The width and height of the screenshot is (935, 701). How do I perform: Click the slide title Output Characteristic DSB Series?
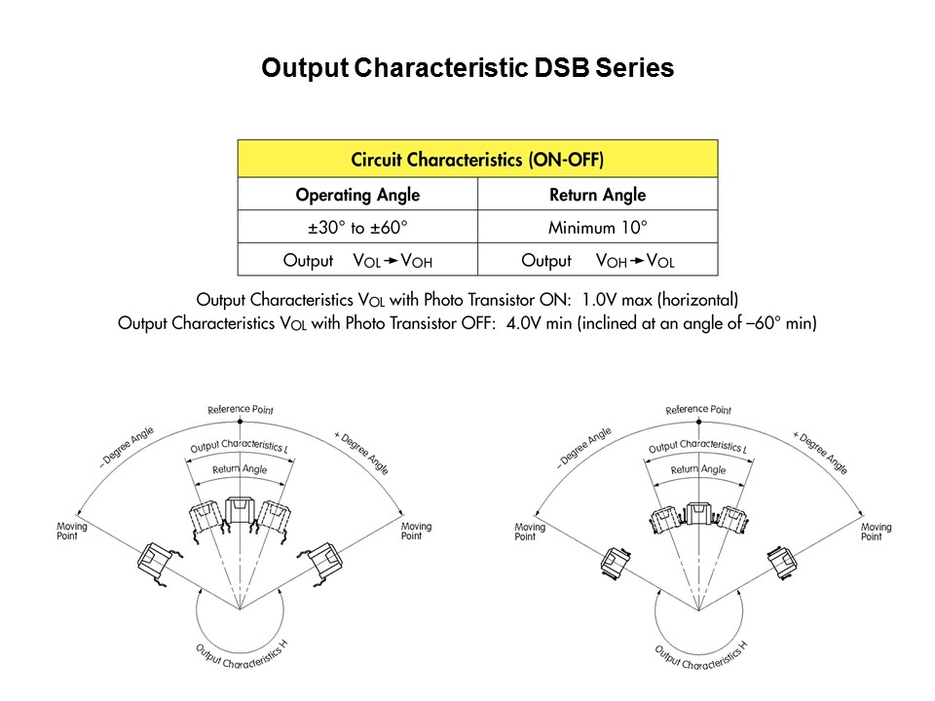467,68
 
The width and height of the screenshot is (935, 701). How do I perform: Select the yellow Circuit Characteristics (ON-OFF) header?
477,159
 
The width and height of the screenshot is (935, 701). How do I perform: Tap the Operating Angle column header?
357,195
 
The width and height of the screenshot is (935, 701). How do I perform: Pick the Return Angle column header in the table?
597,195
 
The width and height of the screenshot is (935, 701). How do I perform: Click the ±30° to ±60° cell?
357,227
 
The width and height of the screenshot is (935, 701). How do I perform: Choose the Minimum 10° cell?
597,227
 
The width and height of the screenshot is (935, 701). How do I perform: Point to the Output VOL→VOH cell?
357,261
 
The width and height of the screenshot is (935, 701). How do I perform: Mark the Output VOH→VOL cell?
597,261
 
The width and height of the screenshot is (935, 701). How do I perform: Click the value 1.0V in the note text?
599,299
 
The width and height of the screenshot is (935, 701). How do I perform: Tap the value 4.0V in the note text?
524,323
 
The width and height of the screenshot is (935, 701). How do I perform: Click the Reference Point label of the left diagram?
241,410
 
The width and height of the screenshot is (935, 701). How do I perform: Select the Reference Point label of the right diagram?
698,410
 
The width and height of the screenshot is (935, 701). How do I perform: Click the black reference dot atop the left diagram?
241,422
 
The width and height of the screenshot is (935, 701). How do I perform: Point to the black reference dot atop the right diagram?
699,422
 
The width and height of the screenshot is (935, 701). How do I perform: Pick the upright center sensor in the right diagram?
698,514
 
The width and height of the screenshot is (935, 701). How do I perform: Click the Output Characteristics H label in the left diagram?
243,655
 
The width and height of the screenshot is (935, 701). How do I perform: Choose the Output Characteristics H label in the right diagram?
700,655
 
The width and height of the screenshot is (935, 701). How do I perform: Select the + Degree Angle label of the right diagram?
820,453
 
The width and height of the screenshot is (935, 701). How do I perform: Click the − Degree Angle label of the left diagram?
127,447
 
